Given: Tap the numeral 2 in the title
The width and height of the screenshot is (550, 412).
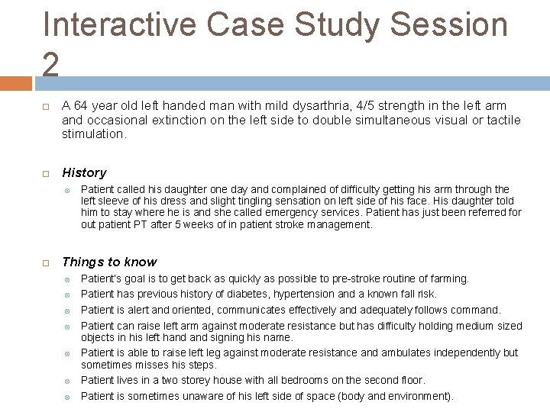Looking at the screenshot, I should point(51,65).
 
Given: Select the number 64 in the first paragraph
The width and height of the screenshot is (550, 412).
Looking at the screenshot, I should point(81,105).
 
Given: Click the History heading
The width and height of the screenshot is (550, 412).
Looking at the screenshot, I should point(84,172).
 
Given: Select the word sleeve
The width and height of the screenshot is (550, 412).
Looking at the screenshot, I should point(115,200).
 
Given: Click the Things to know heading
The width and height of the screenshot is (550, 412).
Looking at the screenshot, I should point(109,262).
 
